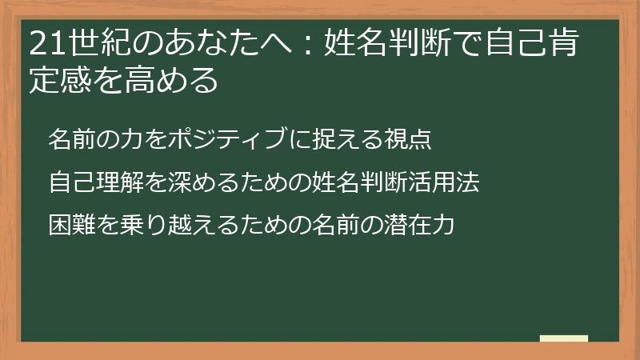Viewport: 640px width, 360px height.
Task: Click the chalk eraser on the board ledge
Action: tap(563, 338)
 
